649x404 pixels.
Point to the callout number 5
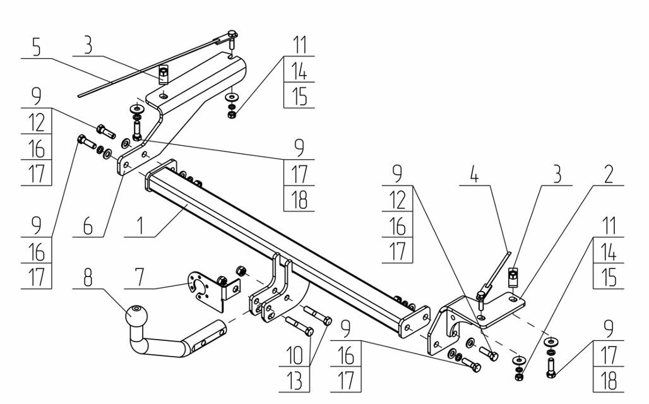click(x=38, y=47)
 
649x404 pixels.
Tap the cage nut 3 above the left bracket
click(x=163, y=75)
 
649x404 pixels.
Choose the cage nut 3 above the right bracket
click(x=514, y=275)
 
